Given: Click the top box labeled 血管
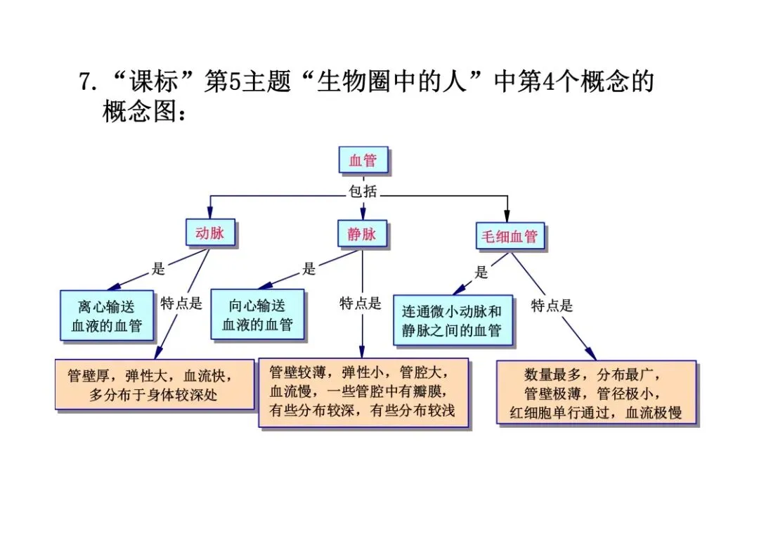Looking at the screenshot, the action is [363, 160].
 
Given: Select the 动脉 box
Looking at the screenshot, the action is [211, 233].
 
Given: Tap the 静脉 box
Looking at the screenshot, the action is [363, 235].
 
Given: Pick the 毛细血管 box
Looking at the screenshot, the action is [510, 236].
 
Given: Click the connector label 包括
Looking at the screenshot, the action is [363, 192].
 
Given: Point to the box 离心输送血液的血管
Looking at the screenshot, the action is [107, 316].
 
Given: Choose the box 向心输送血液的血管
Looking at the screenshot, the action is [257, 315].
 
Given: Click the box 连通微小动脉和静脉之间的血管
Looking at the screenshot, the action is [453, 320].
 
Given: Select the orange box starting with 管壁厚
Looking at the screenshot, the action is [155, 384].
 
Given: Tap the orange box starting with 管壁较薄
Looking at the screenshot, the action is [363, 392].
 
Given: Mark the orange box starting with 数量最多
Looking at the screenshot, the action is [597, 392].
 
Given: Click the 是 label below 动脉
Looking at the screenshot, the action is [159, 269].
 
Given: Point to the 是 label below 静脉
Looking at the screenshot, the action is [309, 269].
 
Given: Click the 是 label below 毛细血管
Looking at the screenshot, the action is [481, 272].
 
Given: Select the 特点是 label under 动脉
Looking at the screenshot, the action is [181, 303].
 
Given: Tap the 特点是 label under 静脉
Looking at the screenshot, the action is [361, 303].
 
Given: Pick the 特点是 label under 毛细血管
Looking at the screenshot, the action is [552, 306].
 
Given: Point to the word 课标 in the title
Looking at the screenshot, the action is [153, 81].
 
